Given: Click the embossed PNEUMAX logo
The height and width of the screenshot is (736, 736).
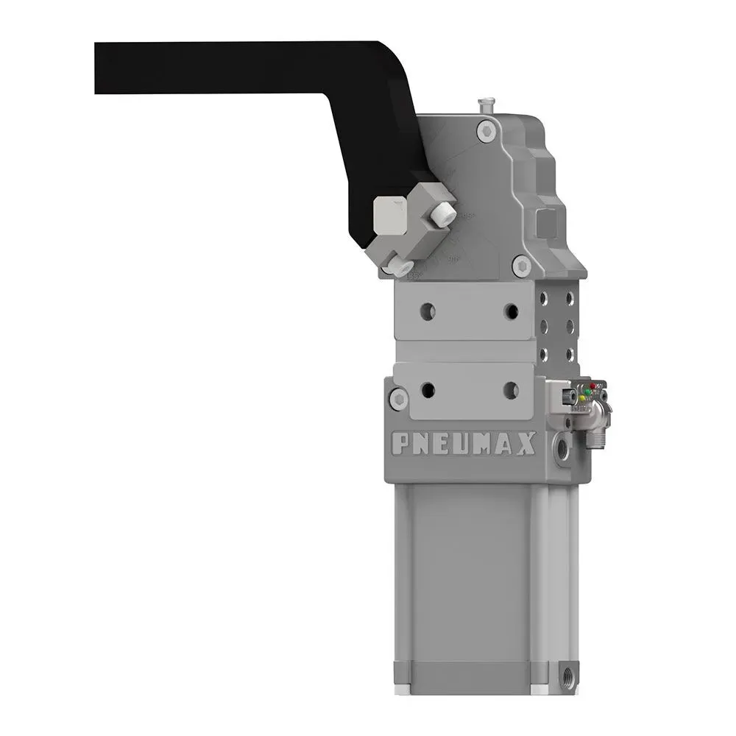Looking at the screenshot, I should coord(464,443).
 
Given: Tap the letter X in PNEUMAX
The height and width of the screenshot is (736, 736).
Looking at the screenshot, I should coord(527,442).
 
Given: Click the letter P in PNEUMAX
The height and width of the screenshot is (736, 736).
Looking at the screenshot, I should coord(400,444).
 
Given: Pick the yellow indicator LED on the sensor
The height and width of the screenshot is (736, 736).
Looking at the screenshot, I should coord(582,399).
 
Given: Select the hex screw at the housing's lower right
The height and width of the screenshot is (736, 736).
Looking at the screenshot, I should coord(522,263).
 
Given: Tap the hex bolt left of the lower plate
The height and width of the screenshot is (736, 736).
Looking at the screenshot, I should coord(398,398).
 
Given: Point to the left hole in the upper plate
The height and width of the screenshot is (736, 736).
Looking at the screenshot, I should coord(427,311).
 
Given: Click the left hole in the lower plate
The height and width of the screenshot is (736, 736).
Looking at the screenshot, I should coord(427,390).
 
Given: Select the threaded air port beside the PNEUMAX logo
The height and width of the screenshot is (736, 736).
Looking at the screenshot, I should coord(563,446).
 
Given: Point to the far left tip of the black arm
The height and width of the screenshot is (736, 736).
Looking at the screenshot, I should coord(99,68).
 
